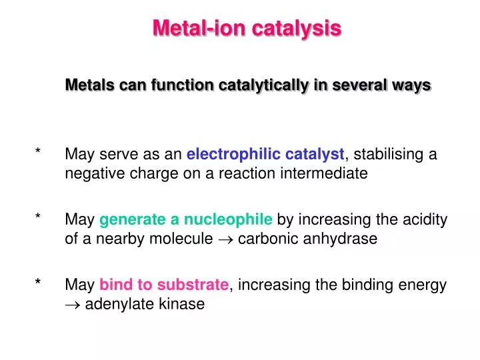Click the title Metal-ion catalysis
(247, 28)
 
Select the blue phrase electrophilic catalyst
(265, 155)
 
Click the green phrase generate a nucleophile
(186, 220)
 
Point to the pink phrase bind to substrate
(164, 285)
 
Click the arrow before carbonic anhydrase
(220, 239)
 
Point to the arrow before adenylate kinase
(73, 305)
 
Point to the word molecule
(181, 239)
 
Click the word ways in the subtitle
(414, 85)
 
